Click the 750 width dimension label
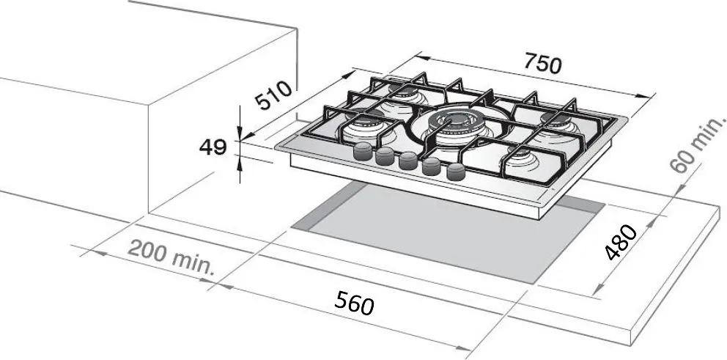tap(542, 64)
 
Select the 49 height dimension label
tap(213, 147)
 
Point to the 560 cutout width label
tap(354, 303)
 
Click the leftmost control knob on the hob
tap(363, 151)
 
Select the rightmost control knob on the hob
tap(455, 172)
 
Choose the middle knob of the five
tap(408, 161)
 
